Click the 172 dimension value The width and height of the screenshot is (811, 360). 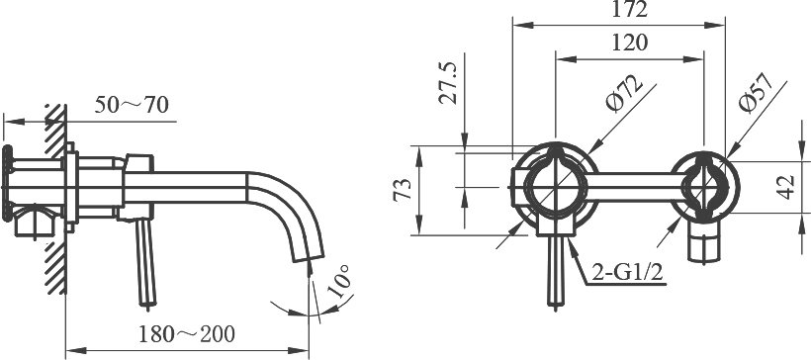click(629, 9)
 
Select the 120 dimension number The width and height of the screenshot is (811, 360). click(629, 43)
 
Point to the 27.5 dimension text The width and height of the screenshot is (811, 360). click(448, 83)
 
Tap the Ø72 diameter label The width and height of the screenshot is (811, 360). click(625, 93)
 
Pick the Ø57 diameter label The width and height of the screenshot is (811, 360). click(756, 92)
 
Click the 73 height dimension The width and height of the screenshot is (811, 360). click(403, 189)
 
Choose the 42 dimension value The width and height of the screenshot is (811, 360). click(785, 187)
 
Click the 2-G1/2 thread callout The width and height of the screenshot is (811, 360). click(627, 273)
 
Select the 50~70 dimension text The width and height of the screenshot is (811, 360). click(132, 105)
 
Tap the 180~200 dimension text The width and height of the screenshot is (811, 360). click(187, 334)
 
